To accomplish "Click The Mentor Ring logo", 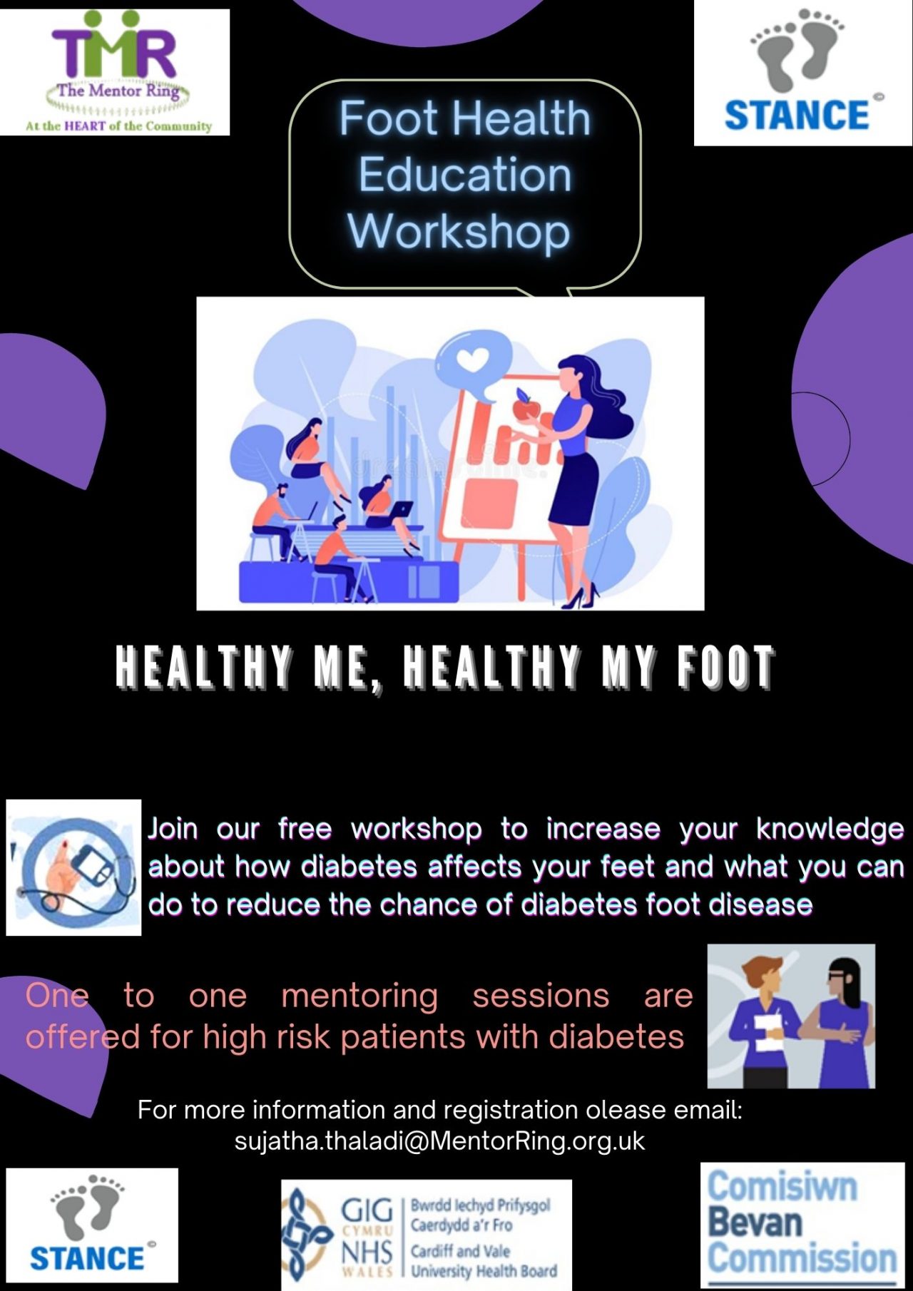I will [x=115, y=71].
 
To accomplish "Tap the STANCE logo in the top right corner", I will [x=802, y=73].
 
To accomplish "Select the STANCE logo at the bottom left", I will [x=92, y=1225].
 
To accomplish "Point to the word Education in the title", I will [x=465, y=175].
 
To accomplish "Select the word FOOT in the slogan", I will [x=725, y=667].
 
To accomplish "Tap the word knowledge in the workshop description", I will [x=830, y=829].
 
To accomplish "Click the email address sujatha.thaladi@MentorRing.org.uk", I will [x=439, y=1141].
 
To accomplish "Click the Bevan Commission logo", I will [x=802, y=1225].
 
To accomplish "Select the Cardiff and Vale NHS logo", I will [x=426, y=1235].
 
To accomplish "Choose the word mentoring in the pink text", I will [x=359, y=996].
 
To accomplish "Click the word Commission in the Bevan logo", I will [x=802, y=1257].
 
